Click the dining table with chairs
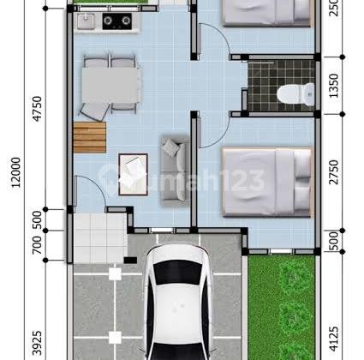coord(111,83)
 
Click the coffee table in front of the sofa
coord(133,170)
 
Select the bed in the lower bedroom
coord(266,182)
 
